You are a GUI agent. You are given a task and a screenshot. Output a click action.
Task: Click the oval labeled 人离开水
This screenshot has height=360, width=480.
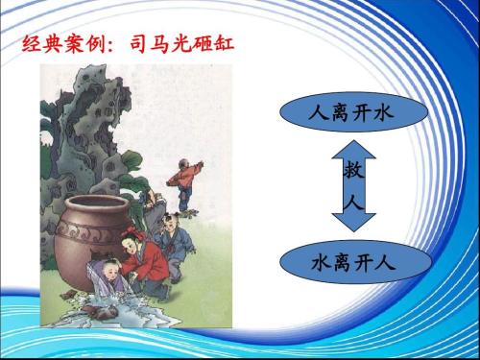(x=351, y=114)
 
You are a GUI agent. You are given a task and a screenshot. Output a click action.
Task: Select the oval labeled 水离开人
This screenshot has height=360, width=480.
(x=351, y=261)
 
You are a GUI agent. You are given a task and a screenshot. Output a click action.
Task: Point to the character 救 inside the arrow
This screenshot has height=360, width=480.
(x=351, y=173)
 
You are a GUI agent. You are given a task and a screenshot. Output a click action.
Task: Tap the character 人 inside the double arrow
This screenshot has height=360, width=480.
(x=351, y=204)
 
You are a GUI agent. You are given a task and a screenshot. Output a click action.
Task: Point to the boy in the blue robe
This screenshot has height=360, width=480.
(x=173, y=240)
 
